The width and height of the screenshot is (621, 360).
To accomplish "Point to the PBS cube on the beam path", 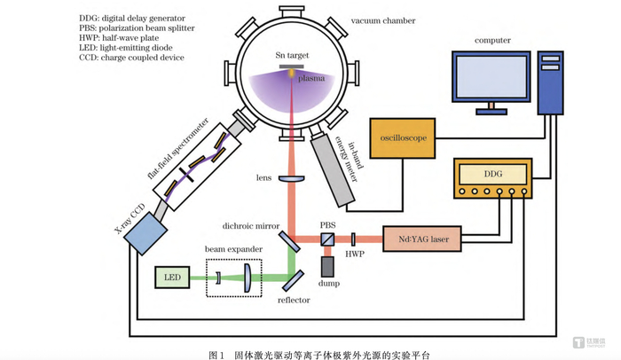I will coord(327,239).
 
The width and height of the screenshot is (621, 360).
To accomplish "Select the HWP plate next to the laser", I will coord(353,239).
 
